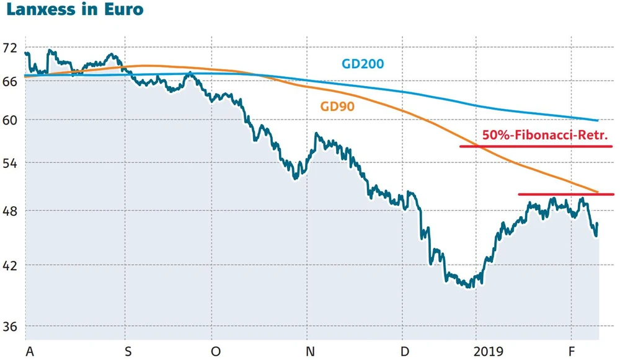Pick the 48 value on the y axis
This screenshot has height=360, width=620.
pyautogui.click(x=10, y=211)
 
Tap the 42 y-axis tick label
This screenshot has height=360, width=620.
pyautogui.click(x=10, y=265)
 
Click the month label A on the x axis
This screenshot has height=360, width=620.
pyautogui.click(x=29, y=351)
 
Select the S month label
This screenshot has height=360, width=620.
pyautogui.click(x=128, y=351)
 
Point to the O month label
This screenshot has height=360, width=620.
pyautogui.click(x=215, y=351)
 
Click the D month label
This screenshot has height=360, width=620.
pyautogui.click(x=405, y=351)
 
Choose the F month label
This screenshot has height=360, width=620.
pyautogui.click(x=572, y=351)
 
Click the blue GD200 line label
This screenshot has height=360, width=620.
pyautogui.click(x=363, y=64)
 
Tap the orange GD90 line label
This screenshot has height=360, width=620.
pyautogui.click(x=337, y=106)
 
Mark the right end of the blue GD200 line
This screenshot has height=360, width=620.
pyautogui.click(x=597, y=120)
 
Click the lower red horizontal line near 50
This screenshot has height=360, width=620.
pyautogui.click(x=565, y=195)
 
